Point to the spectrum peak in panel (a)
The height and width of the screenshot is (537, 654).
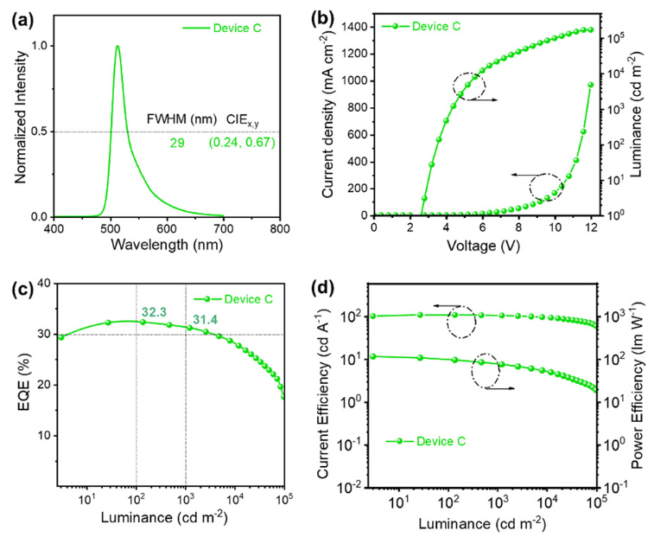click(x=117, y=47)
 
